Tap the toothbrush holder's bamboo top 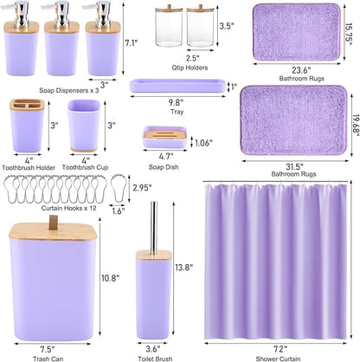click(x=25, y=107)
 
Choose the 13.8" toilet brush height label click(x=185, y=268)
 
